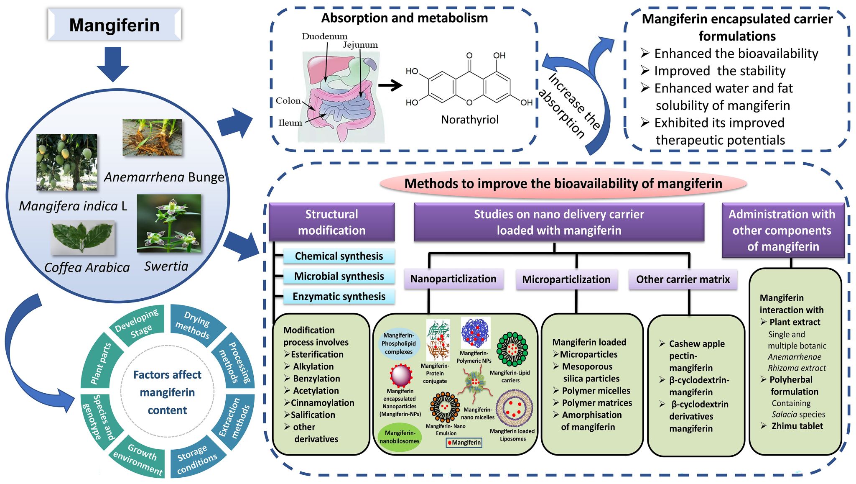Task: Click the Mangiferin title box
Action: [x=114, y=25]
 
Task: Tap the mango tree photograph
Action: [x=67, y=162]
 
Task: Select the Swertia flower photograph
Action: [x=169, y=223]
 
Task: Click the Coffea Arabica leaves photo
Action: [x=83, y=238]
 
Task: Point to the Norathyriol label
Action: [x=470, y=120]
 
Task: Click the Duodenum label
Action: [x=324, y=36]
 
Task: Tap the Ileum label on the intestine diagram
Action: [x=290, y=123]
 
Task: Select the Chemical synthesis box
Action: [x=339, y=256]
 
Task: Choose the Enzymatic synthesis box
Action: [x=339, y=297]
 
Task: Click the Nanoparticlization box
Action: [x=453, y=279]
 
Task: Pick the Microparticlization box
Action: [x=566, y=279]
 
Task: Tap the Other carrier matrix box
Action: [x=683, y=279]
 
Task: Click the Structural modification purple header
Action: [x=331, y=222]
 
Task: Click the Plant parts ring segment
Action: [x=101, y=363]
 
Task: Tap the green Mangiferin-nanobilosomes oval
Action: [x=400, y=437]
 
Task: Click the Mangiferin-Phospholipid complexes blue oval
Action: [x=399, y=344]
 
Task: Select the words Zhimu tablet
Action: [x=797, y=426]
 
